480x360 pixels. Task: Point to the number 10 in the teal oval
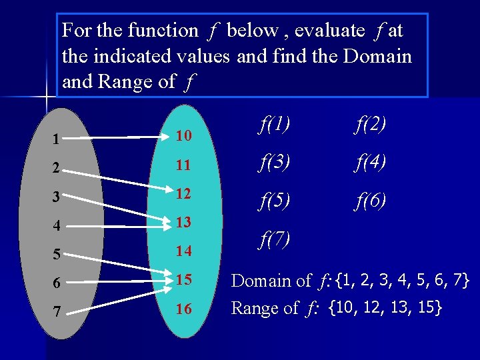click(184, 137)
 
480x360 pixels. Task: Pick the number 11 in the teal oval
click(184, 165)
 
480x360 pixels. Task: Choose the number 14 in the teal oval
click(184, 251)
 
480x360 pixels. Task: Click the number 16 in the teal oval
click(184, 309)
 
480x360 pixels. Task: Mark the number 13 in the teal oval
click(184, 222)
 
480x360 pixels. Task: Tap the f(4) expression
click(369, 161)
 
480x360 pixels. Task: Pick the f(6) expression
click(369, 200)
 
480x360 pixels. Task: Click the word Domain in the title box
click(377, 57)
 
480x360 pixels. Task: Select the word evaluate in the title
click(329, 31)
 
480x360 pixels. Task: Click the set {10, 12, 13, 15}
click(385, 308)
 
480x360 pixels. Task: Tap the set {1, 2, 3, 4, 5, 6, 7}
click(403, 280)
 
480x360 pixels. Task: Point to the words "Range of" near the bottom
click(265, 309)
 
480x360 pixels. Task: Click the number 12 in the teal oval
click(184, 193)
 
